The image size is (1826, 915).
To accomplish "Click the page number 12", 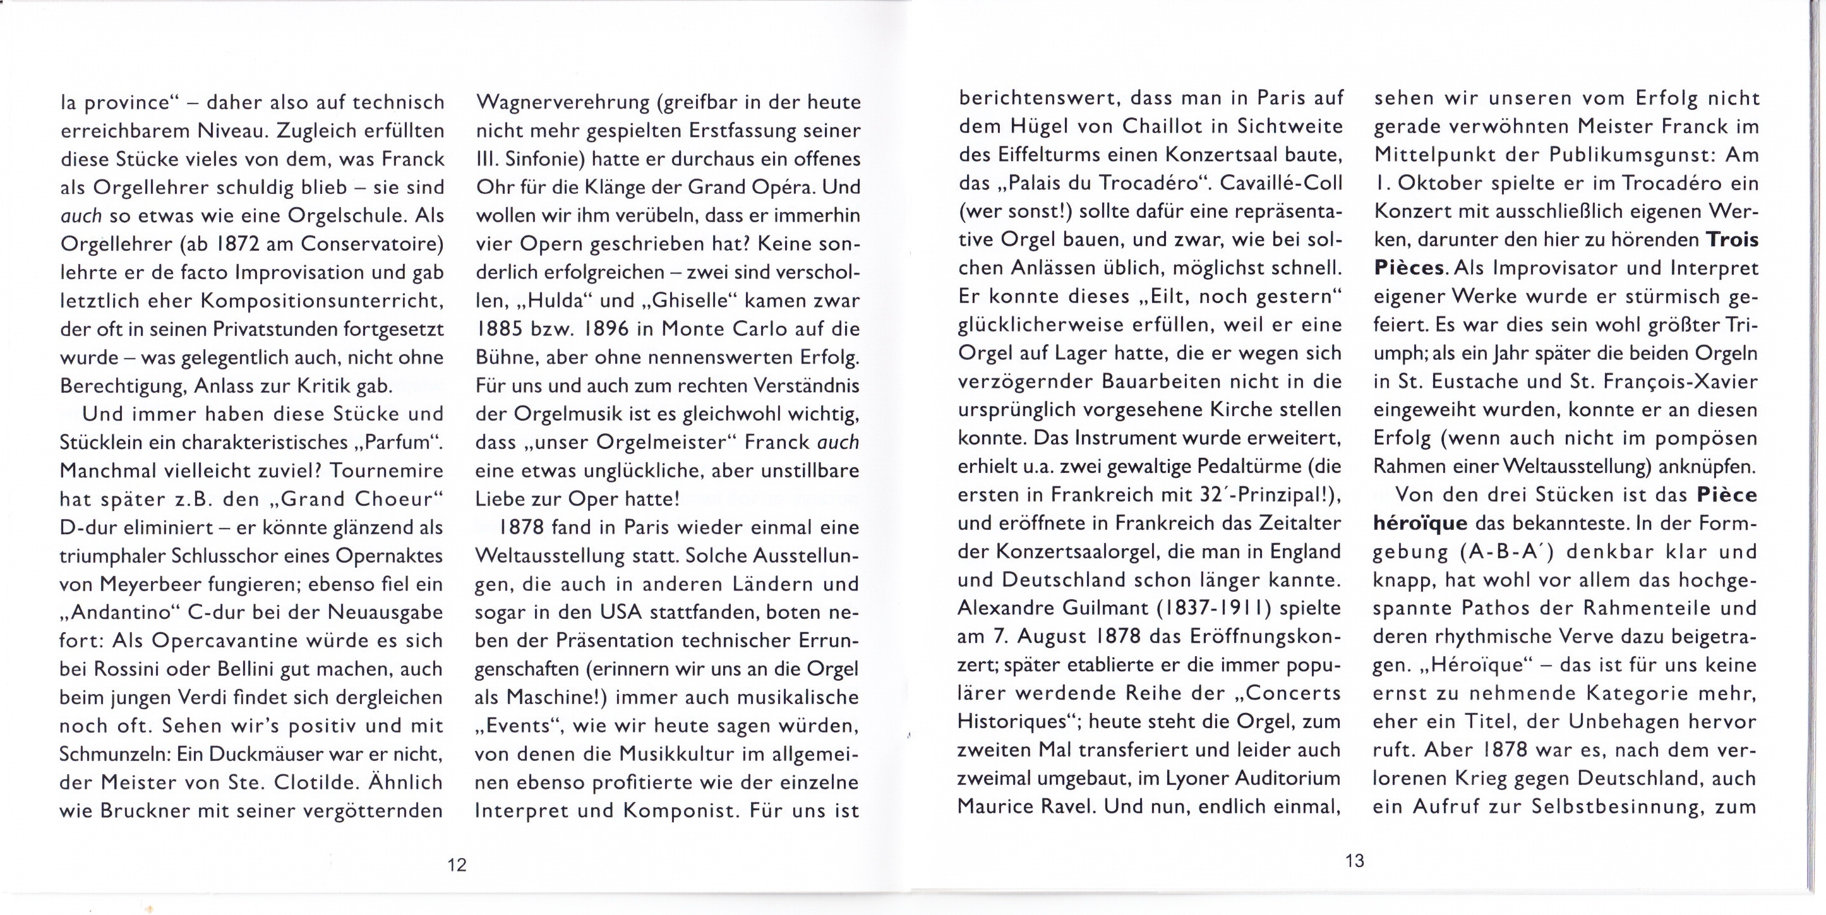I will click(457, 864).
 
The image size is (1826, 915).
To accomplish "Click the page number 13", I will click(1354, 861).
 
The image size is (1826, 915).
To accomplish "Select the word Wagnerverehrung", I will click(561, 103).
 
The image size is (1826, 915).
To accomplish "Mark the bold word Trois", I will click(1732, 239).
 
